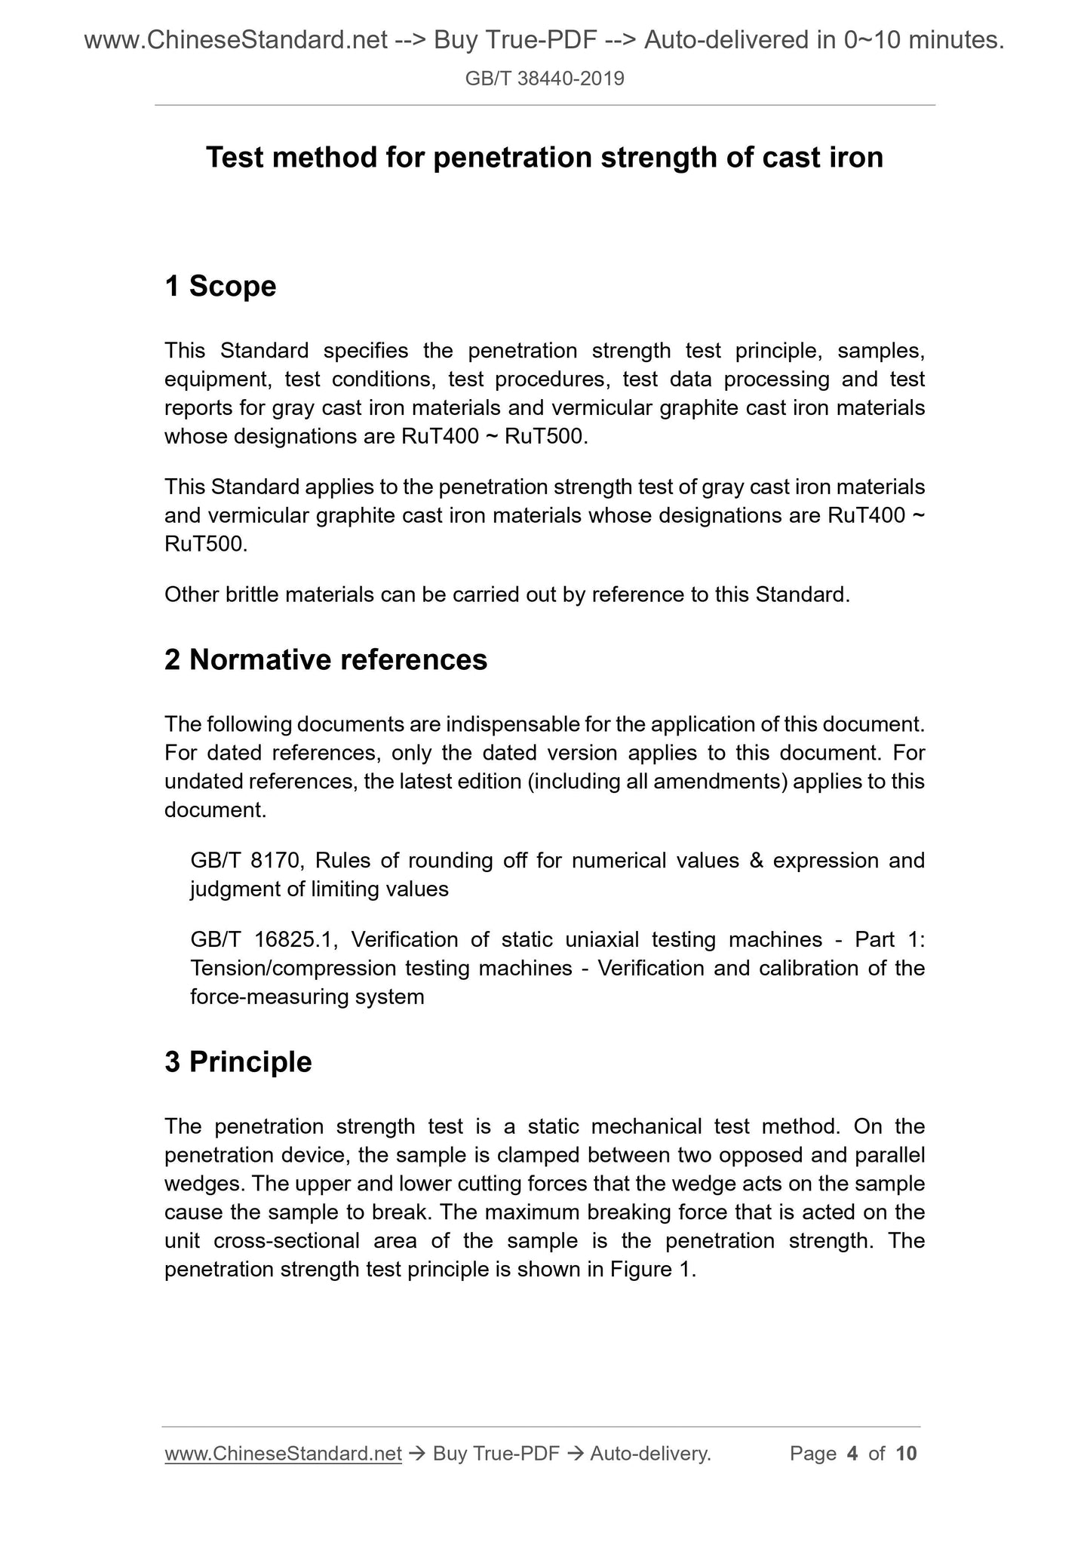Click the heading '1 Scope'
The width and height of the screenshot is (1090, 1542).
click(220, 287)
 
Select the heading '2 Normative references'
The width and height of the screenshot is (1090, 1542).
click(326, 660)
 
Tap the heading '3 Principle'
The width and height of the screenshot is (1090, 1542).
click(238, 1062)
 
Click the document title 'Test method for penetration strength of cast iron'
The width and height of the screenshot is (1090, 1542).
click(545, 158)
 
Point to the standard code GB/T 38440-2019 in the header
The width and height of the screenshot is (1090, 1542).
click(545, 78)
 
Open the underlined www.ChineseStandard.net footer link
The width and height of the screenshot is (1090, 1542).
click(283, 1454)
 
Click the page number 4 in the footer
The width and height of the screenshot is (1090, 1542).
click(852, 1454)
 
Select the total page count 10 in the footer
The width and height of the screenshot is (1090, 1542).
click(906, 1454)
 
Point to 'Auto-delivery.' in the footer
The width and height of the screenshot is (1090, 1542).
click(650, 1454)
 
